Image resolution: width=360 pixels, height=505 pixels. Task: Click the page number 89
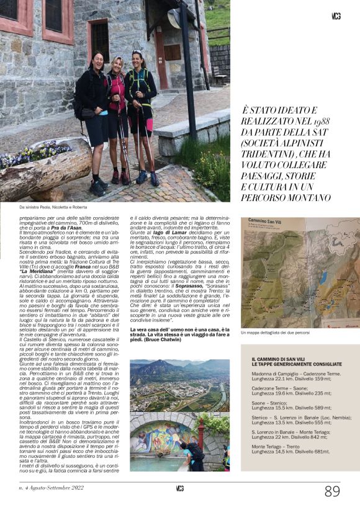(x=332, y=491)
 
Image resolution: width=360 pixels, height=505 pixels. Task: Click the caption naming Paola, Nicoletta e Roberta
(x=52, y=207)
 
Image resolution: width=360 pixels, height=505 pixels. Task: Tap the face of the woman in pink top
(x=117, y=64)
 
